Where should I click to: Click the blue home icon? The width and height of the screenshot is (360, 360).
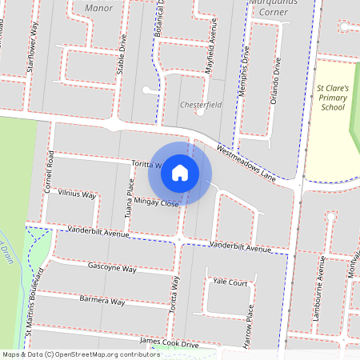pyautogui.click(x=180, y=172)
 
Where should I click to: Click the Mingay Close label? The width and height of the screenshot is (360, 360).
pyautogui.click(x=157, y=203)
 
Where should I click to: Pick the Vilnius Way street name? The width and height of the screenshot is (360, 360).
pyautogui.click(x=77, y=194)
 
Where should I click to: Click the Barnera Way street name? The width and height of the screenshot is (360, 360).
pyautogui.click(x=102, y=302)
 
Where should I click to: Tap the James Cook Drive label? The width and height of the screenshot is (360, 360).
pyautogui.click(x=168, y=342)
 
